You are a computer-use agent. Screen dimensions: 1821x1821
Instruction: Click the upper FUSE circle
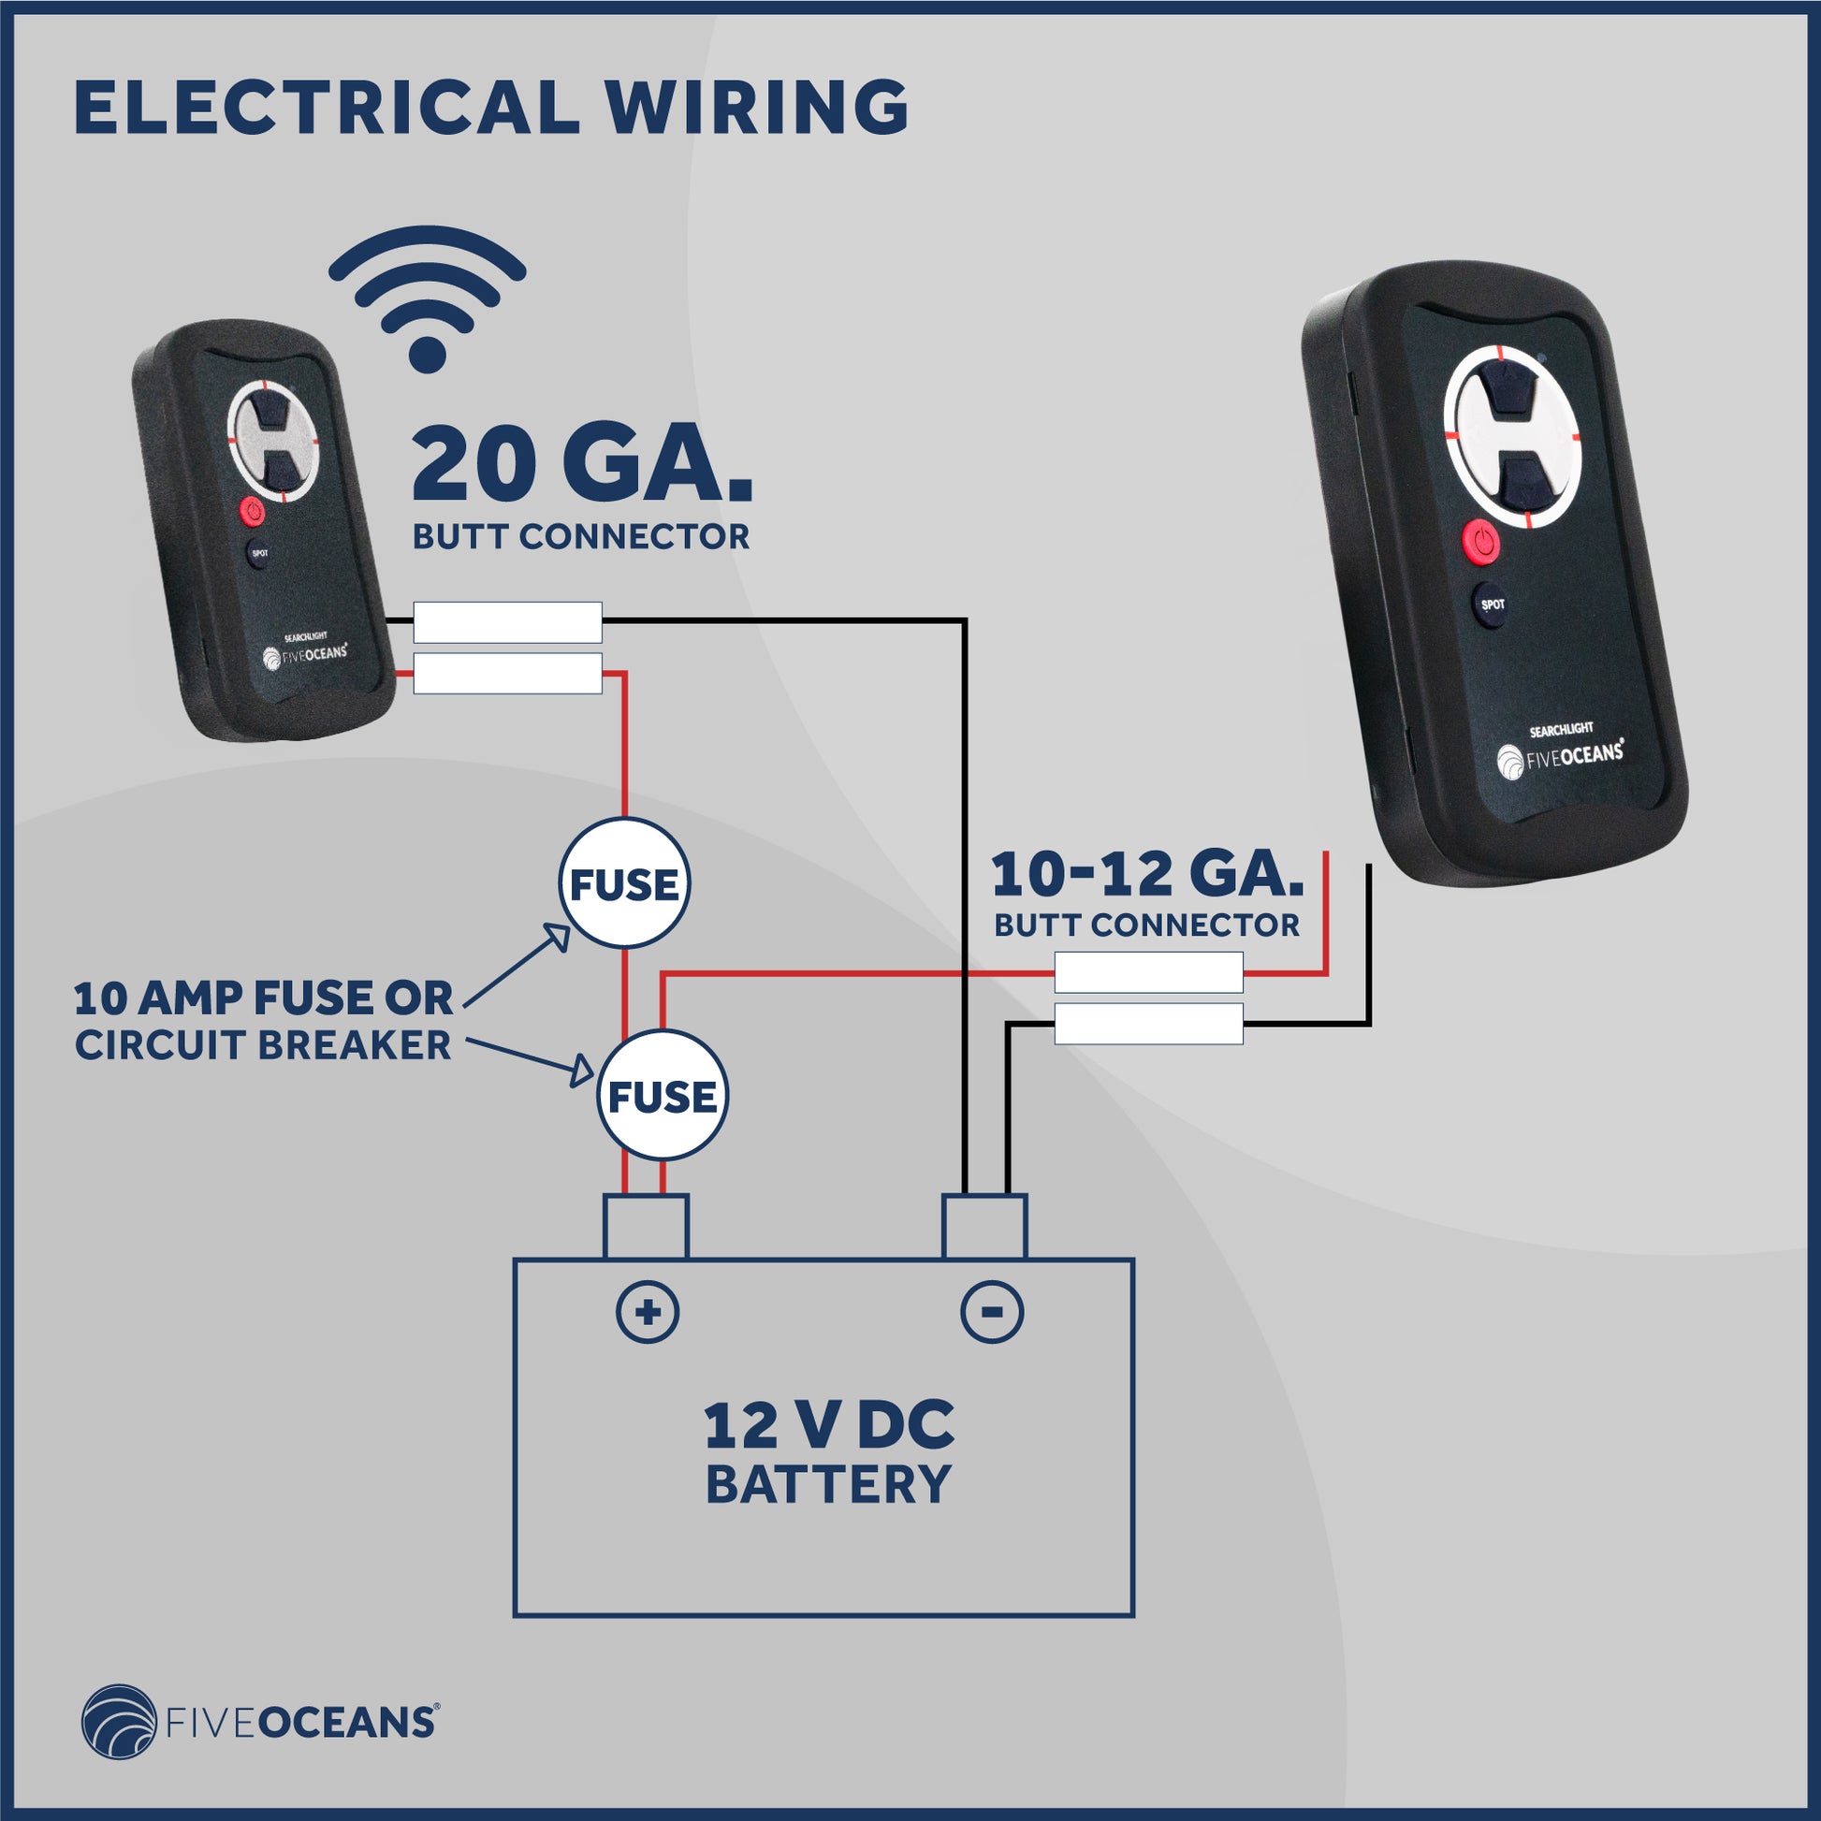click(624, 884)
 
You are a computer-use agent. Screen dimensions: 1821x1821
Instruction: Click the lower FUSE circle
click(662, 1096)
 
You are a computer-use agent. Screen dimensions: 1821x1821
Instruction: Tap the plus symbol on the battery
click(648, 1312)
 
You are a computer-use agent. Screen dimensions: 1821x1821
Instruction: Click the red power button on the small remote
click(250, 512)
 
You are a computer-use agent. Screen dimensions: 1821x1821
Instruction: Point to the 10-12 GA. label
click(1147, 875)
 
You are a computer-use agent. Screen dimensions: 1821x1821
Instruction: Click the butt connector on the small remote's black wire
click(508, 622)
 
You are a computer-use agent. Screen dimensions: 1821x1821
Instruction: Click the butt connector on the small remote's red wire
click(508, 674)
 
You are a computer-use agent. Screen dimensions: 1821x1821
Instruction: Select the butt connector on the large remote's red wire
click(1148, 972)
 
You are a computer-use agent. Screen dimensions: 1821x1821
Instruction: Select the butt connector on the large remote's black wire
click(1148, 1025)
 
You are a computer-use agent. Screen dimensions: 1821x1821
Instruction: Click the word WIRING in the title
click(756, 107)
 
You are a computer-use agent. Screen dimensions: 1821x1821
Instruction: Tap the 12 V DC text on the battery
click(828, 1426)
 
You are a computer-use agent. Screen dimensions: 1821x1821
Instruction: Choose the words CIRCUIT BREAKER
click(263, 1045)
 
